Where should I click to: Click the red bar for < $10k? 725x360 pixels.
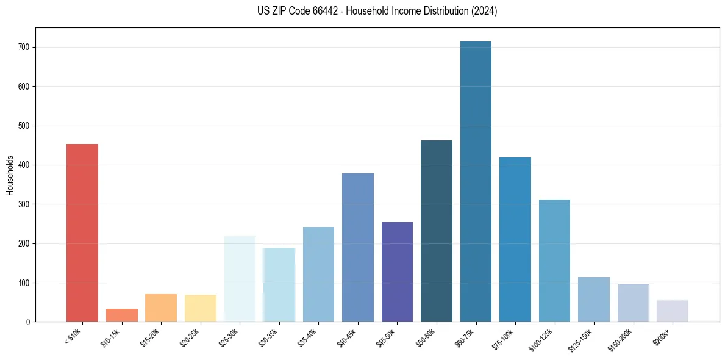[x=82, y=232]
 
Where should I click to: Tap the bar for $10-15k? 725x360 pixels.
[x=122, y=315]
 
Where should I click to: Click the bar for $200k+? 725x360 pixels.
[x=673, y=311]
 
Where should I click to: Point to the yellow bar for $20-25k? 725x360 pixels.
[x=201, y=308]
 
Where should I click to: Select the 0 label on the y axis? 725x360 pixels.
[x=29, y=322]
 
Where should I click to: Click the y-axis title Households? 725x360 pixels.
[x=10, y=175]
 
